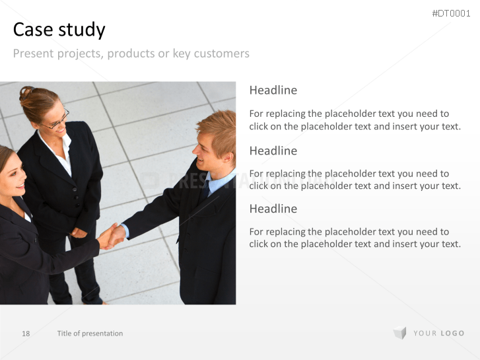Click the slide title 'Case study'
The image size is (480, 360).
tap(59, 30)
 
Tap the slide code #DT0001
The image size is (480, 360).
tap(451, 13)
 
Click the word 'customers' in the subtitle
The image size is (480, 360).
tap(222, 54)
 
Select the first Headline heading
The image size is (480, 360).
tap(273, 90)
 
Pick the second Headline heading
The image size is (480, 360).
tap(273, 151)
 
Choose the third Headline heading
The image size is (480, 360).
tap(273, 209)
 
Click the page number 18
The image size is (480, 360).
tap(26, 334)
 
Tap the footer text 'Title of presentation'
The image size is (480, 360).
tap(90, 334)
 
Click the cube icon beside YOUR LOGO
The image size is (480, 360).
tap(400, 333)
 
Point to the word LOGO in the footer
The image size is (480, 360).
tap(452, 334)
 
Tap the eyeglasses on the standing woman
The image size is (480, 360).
tap(58, 120)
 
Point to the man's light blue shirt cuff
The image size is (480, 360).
tap(125, 231)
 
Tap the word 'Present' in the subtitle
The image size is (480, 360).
tap(34, 54)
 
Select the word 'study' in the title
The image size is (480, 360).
tap(82, 30)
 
